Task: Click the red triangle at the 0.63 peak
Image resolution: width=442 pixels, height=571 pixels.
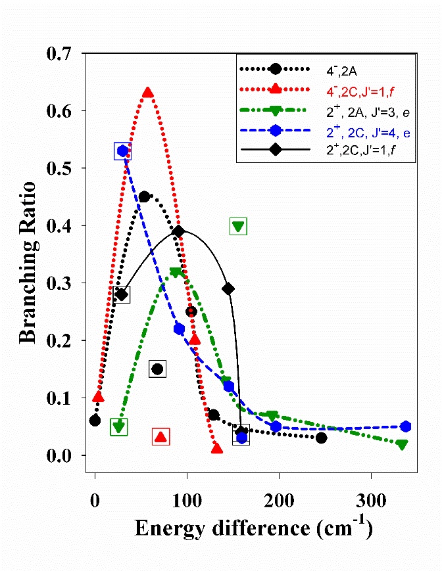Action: coord(148,93)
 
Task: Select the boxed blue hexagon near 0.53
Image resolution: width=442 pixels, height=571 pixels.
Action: coord(122,151)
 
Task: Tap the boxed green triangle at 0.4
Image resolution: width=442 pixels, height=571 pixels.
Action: coord(238,227)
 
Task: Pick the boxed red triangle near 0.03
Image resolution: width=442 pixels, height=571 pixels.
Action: coord(160,436)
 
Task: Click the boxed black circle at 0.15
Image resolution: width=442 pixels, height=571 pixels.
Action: coord(157,369)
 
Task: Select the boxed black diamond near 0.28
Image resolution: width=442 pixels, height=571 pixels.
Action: coord(121,294)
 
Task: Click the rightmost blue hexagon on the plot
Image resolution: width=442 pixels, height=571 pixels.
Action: coord(406,426)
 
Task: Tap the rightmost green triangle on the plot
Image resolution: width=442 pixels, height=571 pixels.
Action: coord(402,445)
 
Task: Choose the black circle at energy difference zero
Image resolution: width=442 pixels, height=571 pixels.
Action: coord(95,421)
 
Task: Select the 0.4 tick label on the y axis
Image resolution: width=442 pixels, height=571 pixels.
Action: coord(63,226)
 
